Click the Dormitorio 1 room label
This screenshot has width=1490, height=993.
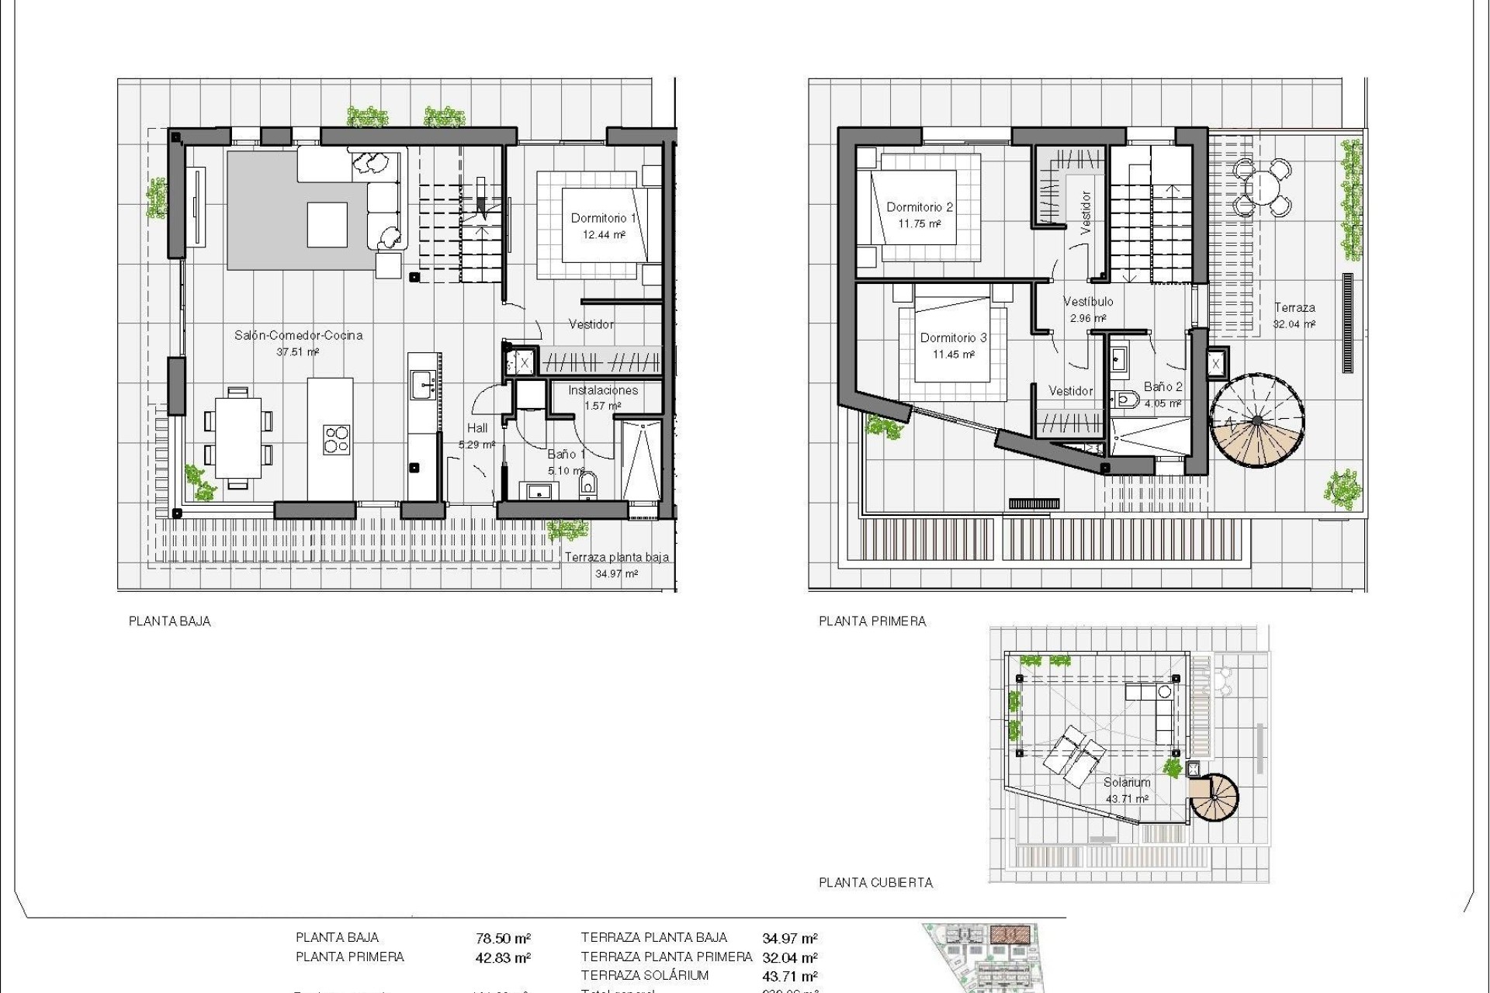[603, 218]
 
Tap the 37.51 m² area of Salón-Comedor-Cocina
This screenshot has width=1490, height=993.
[298, 352]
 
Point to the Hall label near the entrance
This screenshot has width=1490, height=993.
[477, 428]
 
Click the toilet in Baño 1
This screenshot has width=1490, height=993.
[588, 484]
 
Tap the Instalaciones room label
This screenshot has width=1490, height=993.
[602, 390]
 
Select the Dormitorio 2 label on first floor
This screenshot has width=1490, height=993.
[920, 207]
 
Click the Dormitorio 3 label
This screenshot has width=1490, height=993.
[953, 337]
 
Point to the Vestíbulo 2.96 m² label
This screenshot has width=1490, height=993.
[1088, 309]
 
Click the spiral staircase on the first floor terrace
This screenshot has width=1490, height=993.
[1256, 421]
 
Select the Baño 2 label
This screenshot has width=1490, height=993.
[1163, 387]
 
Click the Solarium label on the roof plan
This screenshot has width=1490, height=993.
[1127, 783]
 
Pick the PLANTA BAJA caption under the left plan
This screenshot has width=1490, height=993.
[169, 621]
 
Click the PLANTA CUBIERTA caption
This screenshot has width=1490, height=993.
[875, 882]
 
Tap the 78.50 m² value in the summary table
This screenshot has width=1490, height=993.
[503, 939]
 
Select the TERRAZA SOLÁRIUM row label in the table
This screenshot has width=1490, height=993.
[644, 976]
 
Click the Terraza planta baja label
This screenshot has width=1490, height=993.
[616, 557]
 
